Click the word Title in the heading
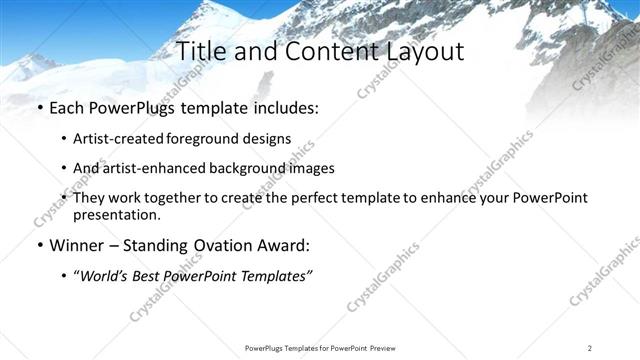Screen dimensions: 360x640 click(x=204, y=52)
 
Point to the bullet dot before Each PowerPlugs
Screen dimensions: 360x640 click(x=39, y=107)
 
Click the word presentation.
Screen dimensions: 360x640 click(x=116, y=214)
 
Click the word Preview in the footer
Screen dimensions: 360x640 click(x=382, y=348)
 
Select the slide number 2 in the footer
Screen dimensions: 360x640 click(x=589, y=348)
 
